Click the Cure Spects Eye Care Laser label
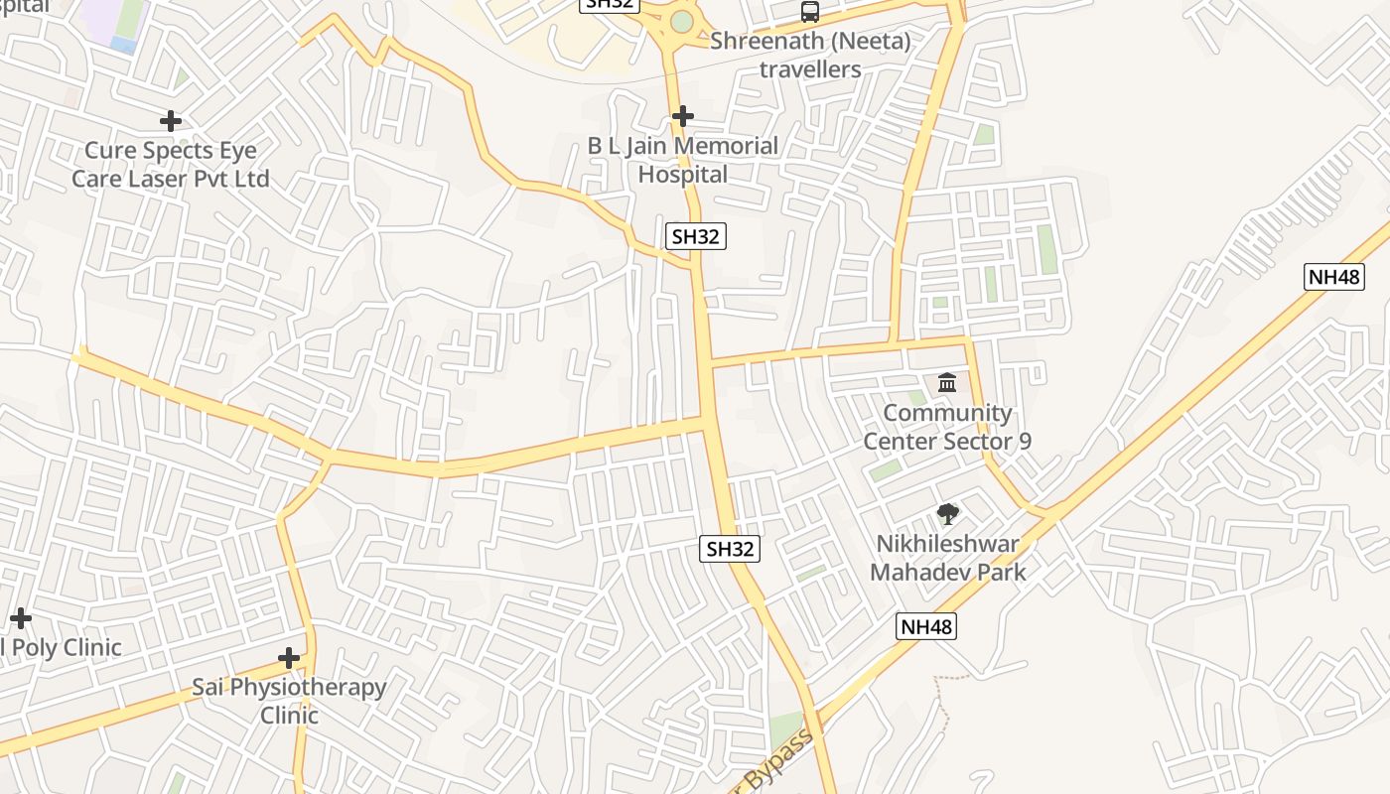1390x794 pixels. pos(170,165)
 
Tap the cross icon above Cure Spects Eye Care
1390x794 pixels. pos(171,121)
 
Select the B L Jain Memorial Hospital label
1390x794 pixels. pos(683,160)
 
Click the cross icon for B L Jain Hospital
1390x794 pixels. pos(682,116)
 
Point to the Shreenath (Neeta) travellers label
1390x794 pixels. pos(810,56)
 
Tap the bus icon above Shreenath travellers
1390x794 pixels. pos(810,12)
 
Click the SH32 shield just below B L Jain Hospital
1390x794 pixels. pos(696,236)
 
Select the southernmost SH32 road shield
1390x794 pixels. pos(730,549)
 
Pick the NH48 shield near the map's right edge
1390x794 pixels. pos(1333,277)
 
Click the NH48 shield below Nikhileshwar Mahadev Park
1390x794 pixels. pos(926,626)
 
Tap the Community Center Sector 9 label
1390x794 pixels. pos(947,427)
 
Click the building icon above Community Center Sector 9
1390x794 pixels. pos(947,382)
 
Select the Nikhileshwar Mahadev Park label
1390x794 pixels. pos(947,558)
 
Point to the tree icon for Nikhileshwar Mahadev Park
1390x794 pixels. pos(947,514)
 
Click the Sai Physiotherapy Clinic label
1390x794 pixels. pos(289,701)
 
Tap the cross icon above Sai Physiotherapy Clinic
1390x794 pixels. pos(289,658)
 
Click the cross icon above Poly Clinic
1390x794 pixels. pos(20,618)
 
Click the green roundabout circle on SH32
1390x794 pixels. pos(681,21)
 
